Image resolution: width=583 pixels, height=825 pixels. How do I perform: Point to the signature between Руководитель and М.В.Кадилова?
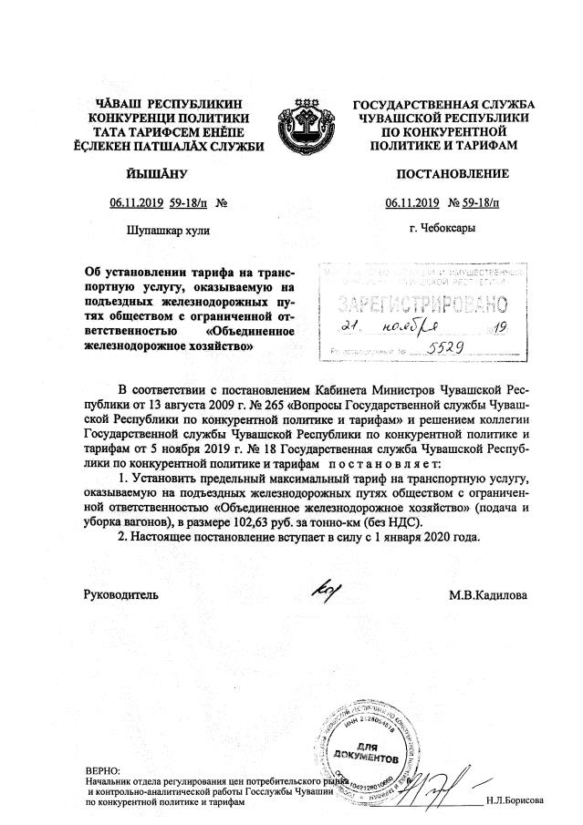322,593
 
